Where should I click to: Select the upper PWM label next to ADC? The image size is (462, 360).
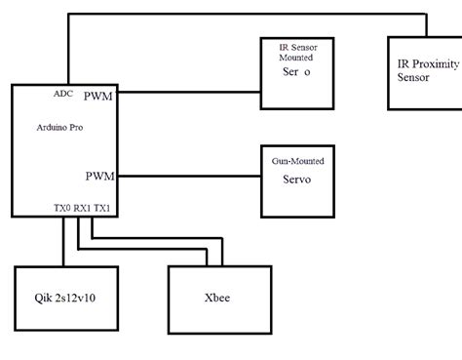point(98,96)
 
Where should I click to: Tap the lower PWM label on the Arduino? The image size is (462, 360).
point(98,177)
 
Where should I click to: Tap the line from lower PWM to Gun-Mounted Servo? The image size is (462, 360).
point(190,177)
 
